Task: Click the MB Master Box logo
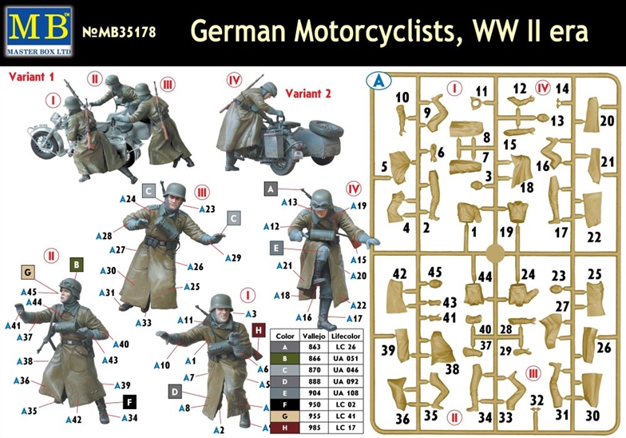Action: pos(39,31)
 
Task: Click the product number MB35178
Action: pos(119,32)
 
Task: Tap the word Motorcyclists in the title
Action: pos(374,30)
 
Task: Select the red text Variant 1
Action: pos(31,77)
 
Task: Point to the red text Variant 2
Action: pos(308,94)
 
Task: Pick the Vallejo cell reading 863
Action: pos(315,347)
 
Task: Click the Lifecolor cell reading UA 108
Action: pos(346,393)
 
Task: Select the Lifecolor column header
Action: pos(346,336)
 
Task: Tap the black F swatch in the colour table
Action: pos(284,404)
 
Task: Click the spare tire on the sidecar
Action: pos(326,129)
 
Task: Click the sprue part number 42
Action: pos(399,274)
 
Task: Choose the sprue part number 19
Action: pos(506,232)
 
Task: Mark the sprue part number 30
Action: pos(592,416)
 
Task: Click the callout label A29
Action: pos(233,257)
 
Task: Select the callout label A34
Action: pos(129,418)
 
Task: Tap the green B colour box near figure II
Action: pos(77,265)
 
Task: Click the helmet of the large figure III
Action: pos(174,190)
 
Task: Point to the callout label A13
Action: pos(289,202)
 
